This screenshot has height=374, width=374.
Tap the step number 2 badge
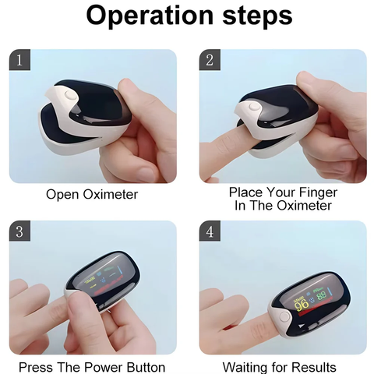(x=210, y=60)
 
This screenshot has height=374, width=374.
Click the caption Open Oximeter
(x=91, y=194)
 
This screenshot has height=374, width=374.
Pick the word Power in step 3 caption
(x=107, y=367)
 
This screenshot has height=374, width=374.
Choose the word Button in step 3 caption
(x=146, y=367)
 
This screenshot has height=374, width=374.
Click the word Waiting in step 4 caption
(x=246, y=367)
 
